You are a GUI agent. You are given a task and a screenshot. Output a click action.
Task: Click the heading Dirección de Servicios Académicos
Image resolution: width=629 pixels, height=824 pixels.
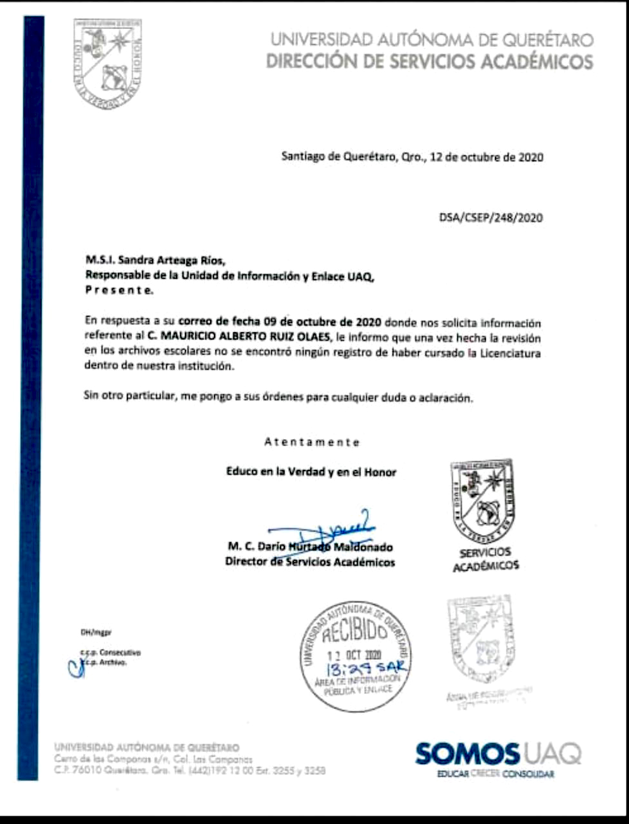(429, 62)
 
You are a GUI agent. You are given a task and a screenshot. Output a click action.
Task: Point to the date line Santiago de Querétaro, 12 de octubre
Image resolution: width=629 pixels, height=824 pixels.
(412, 156)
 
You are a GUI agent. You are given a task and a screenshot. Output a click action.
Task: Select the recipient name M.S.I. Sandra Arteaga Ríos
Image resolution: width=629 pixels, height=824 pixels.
(156, 261)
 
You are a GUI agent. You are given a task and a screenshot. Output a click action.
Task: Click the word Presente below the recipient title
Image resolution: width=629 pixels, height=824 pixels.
(120, 290)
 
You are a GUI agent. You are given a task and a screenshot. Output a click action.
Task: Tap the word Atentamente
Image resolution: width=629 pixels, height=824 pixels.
(311, 442)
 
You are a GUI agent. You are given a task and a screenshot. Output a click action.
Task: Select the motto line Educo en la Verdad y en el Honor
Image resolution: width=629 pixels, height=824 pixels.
(311, 472)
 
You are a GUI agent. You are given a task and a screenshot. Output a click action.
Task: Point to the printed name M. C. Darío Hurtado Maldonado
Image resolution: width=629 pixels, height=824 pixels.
(310, 547)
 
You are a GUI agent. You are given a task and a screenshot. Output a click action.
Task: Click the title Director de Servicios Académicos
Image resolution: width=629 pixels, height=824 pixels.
(310, 562)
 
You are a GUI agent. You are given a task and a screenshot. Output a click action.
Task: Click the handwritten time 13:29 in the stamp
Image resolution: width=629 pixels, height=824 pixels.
(342, 669)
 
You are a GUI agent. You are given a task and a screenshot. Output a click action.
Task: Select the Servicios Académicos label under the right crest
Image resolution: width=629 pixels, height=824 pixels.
(485, 559)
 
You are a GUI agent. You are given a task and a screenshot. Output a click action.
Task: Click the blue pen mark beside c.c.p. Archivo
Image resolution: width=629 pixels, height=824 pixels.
(75, 666)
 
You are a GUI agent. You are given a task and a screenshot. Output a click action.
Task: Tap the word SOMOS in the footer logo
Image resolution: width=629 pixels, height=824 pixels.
(467, 753)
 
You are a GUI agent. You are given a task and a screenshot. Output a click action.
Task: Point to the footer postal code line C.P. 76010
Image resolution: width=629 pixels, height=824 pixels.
(190, 770)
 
